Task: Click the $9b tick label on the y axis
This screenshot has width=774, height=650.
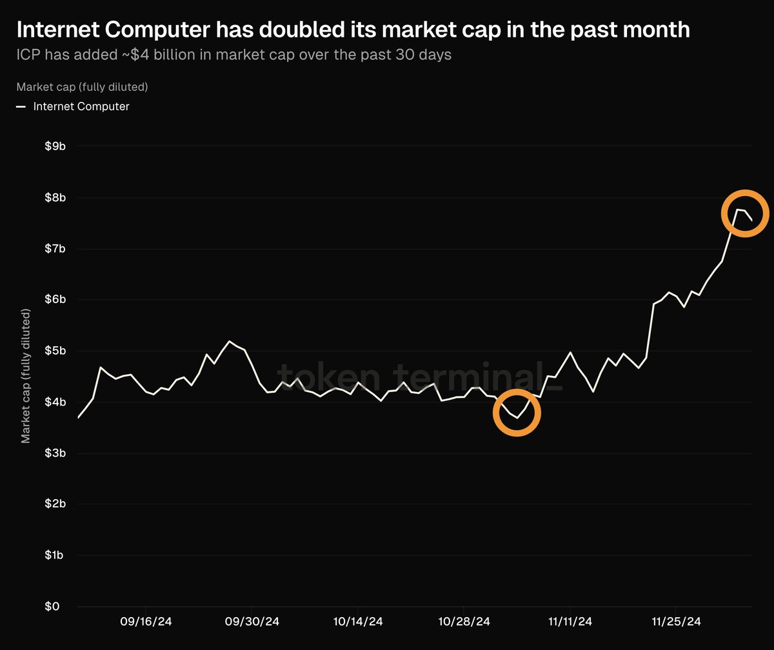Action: click(55, 146)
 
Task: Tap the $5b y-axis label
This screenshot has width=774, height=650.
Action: click(55, 351)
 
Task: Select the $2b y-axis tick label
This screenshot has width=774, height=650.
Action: click(55, 504)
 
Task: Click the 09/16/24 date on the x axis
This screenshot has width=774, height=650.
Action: click(146, 622)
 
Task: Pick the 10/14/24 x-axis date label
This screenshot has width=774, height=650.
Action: click(357, 622)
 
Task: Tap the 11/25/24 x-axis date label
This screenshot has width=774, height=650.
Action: click(675, 622)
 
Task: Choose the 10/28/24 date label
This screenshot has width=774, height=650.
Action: click(464, 622)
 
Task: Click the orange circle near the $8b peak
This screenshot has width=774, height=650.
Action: click(745, 213)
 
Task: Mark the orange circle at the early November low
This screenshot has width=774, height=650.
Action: click(517, 413)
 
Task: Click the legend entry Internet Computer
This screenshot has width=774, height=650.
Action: click(81, 106)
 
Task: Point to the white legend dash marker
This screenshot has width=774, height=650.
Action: click(21, 106)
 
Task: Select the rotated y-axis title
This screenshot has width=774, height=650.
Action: click(26, 376)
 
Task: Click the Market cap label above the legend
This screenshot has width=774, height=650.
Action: click(83, 86)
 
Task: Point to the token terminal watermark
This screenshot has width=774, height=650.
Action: click(419, 377)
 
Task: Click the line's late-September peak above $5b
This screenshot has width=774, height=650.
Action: click(230, 341)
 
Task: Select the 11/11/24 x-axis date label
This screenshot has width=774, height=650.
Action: click(570, 622)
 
